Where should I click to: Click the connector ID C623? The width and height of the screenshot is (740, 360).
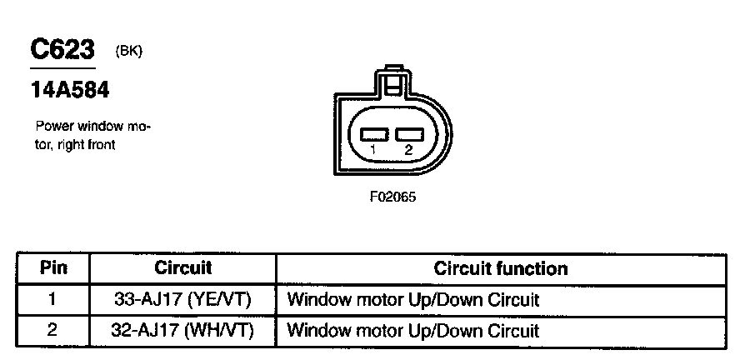[62, 51]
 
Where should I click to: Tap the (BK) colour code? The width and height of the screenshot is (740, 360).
[129, 52]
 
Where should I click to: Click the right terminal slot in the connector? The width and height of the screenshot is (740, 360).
[408, 133]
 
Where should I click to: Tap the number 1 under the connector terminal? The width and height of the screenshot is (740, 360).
[373, 150]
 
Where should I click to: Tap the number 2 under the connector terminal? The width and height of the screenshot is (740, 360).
[408, 150]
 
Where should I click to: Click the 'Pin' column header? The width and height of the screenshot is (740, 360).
[52, 268]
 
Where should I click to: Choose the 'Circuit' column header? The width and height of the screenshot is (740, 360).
[183, 268]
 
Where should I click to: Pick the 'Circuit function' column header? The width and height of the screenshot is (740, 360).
[501, 268]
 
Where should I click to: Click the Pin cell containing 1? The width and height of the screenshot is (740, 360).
[52, 299]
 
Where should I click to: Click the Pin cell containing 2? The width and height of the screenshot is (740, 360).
[52, 330]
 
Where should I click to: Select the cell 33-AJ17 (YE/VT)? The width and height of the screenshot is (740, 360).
[182, 299]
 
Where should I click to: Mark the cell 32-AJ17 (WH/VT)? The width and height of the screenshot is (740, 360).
[182, 330]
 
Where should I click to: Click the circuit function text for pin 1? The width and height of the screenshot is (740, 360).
[412, 299]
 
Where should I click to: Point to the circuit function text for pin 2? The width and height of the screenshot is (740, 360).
[412, 330]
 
